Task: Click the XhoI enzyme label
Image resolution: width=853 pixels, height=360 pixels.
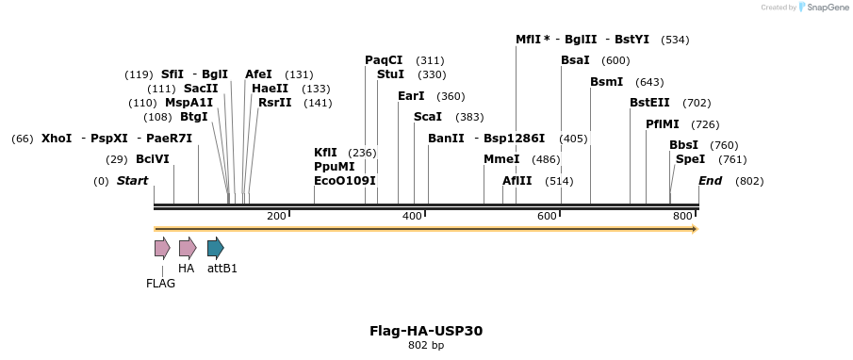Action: click(57, 139)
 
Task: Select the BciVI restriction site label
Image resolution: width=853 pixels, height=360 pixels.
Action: click(153, 159)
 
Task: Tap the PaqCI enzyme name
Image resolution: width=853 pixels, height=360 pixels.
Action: click(384, 60)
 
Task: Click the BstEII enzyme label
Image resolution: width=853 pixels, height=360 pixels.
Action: click(649, 103)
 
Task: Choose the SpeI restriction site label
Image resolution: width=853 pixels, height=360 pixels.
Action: click(690, 159)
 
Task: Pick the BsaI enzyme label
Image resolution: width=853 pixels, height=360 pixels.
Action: click(575, 60)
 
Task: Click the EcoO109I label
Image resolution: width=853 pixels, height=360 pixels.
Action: click(345, 181)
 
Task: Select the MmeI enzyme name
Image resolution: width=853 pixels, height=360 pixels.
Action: click(501, 159)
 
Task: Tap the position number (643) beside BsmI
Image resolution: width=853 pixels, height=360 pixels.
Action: click(649, 82)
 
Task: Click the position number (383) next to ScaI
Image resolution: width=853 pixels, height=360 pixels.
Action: click(469, 117)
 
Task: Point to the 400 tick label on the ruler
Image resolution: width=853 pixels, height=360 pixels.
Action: click(412, 217)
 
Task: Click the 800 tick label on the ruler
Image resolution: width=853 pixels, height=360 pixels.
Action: click(683, 217)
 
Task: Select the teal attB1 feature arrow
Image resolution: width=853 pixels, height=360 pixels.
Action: click(215, 248)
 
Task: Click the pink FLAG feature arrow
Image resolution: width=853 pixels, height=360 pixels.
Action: click(162, 248)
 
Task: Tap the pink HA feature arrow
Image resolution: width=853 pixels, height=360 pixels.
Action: click(187, 248)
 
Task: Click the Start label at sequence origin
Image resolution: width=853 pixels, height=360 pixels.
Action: click(133, 181)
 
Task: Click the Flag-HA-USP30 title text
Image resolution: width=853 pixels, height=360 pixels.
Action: click(426, 331)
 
